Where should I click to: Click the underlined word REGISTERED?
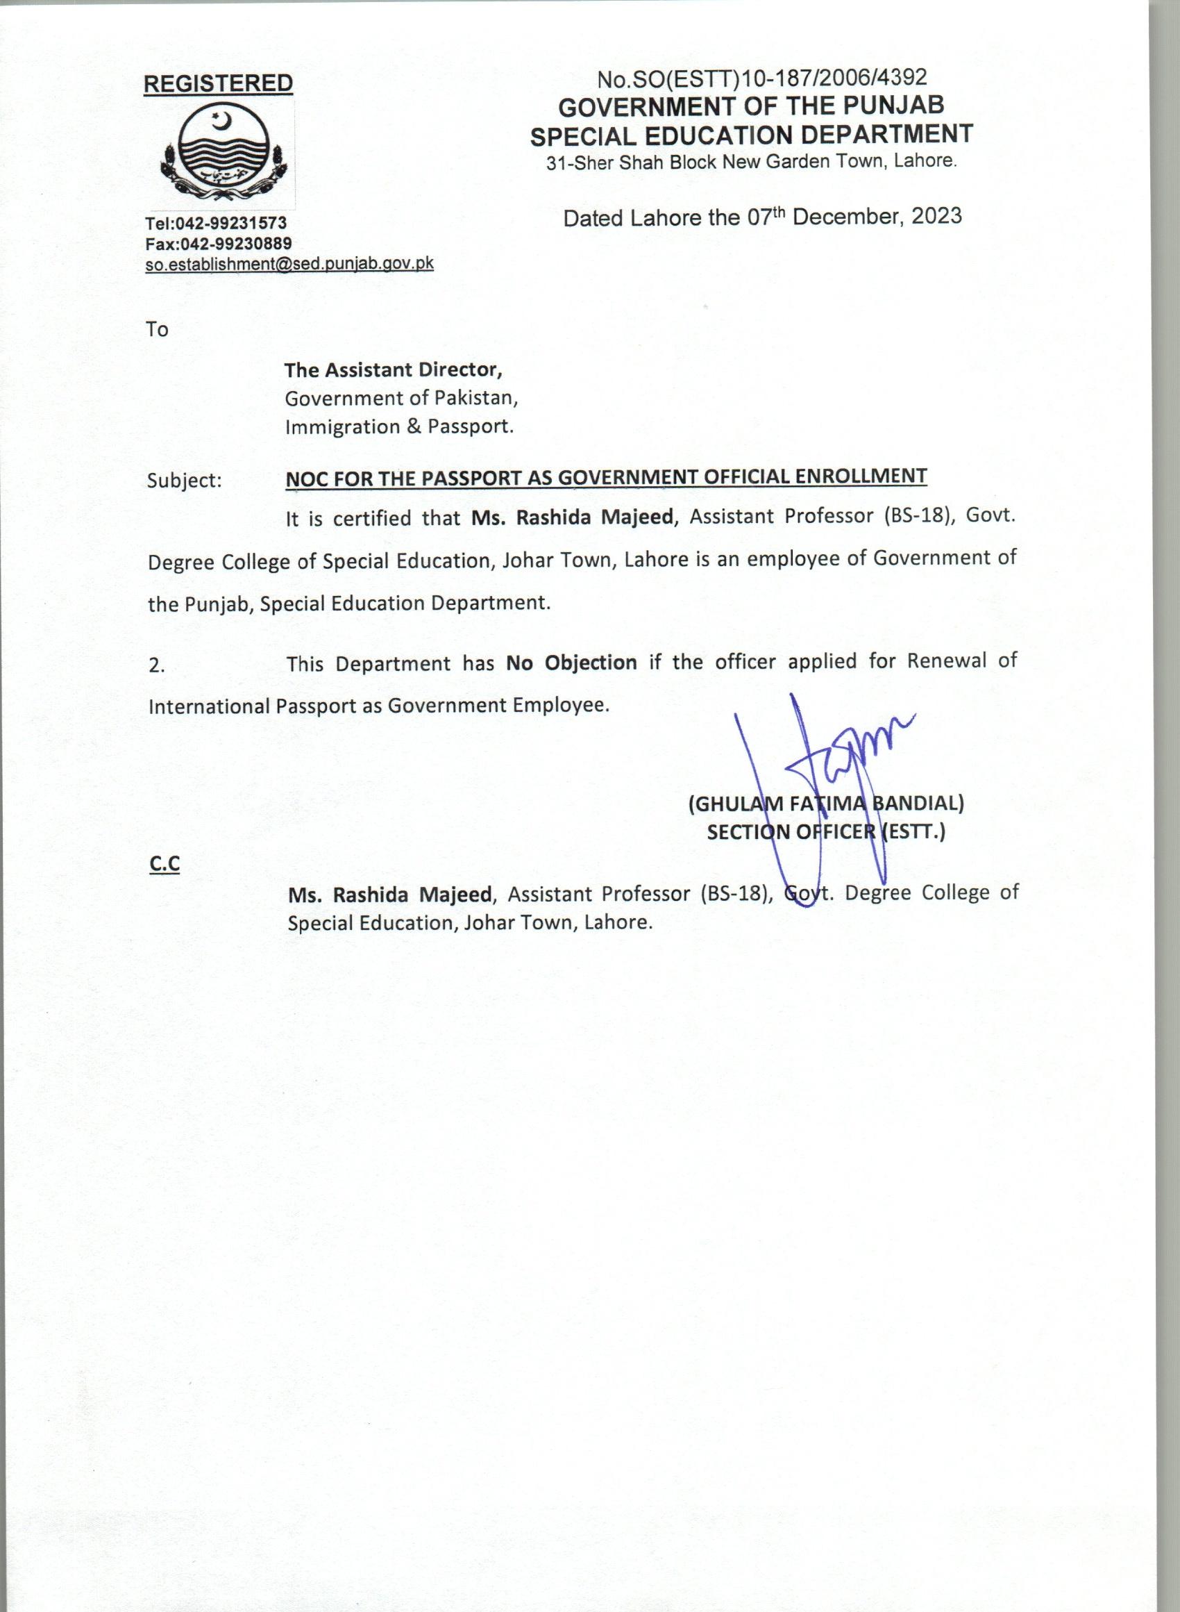pyautogui.click(x=218, y=83)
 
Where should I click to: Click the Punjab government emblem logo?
pyautogui.click(x=224, y=153)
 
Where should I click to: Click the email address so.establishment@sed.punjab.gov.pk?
pyautogui.click(x=289, y=264)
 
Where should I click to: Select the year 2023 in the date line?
pyautogui.click(x=936, y=216)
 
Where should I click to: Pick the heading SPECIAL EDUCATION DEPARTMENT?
pyautogui.click(x=751, y=134)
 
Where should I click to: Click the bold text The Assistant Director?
pyautogui.click(x=393, y=369)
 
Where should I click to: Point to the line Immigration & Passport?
pyautogui.click(x=399, y=426)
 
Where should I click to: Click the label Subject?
pyautogui.click(x=184, y=480)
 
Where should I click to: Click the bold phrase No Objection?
pyautogui.click(x=571, y=663)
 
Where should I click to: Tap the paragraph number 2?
pyautogui.click(x=156, y=666)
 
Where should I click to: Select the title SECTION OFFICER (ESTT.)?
pyautogui.click(x=826, y=833)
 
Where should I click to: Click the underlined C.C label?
pyautogui.click(x=165, y=865)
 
